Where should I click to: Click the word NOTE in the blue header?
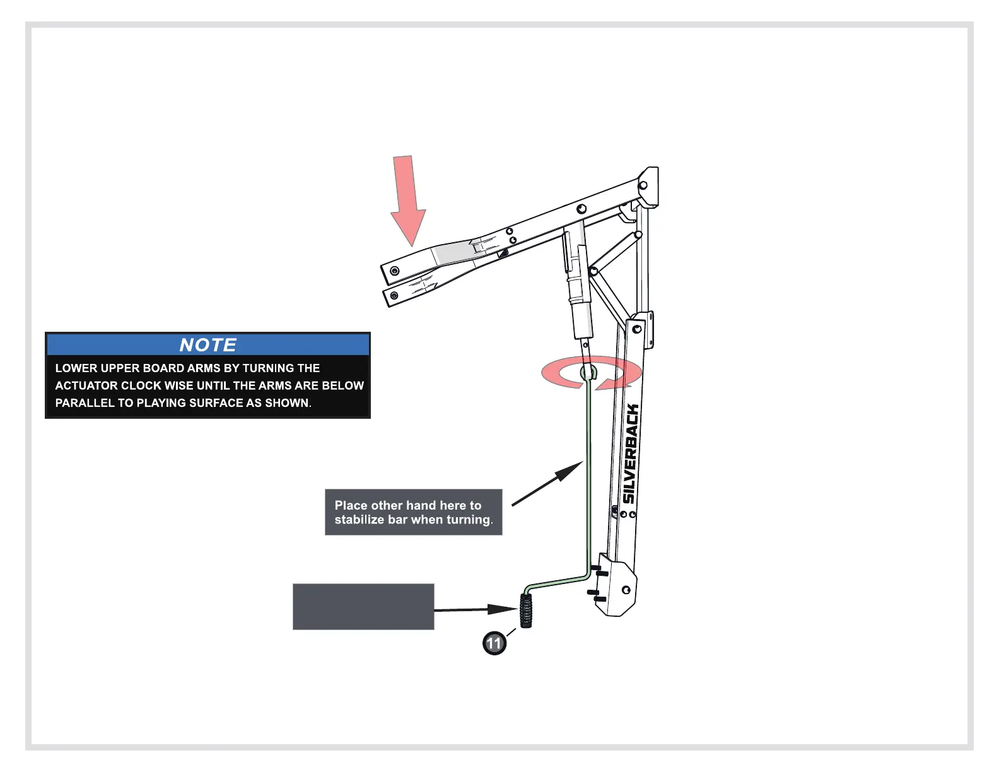[207, 345]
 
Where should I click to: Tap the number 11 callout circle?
[494, 643]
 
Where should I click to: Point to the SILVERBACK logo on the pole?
[631, 453]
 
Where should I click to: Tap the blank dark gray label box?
[363, 607]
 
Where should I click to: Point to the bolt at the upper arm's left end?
[395, 271]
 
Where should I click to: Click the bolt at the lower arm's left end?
[394, 295]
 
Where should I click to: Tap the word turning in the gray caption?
[468, 520]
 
